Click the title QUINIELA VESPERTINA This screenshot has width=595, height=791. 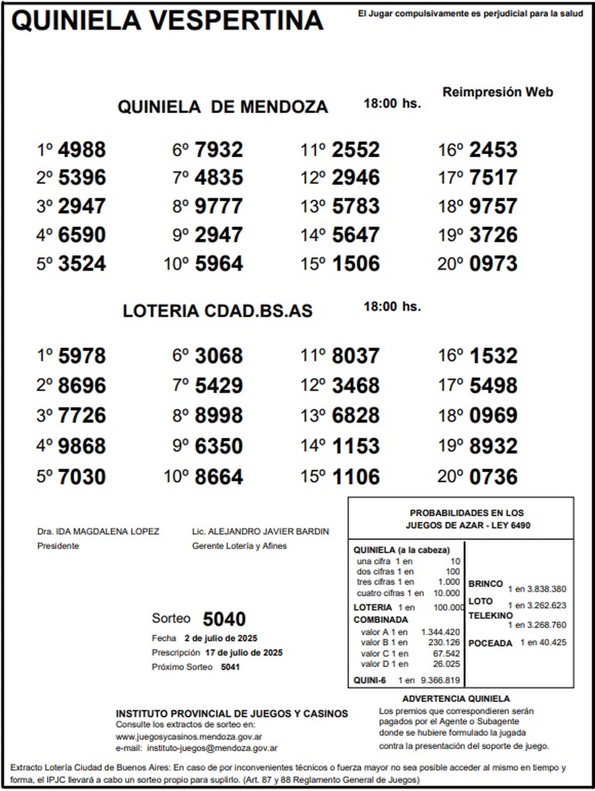point(167,21)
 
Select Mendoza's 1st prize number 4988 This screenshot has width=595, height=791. point(82,150)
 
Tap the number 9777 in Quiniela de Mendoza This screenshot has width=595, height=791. point(219,206)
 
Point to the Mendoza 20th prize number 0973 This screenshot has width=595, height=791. point(493,263)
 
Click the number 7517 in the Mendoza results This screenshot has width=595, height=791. point(493,178)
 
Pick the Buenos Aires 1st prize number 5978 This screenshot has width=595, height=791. point(82,356)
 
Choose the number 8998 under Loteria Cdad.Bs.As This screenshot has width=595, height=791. point(219,416)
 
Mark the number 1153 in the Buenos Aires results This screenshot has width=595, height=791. point(356,446)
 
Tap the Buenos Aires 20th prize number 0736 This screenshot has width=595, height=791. point(493,477)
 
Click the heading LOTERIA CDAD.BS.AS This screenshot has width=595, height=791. point(218,311)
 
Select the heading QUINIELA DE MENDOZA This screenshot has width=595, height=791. point(223,107)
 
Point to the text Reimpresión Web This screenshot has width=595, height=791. point(497,92)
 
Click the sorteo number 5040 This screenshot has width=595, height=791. point(224,619)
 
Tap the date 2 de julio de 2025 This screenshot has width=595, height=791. point(221,638)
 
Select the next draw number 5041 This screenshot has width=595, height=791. point(230,667)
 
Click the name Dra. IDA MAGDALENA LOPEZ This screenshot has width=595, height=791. point(98,532)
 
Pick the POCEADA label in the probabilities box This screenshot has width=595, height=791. point(490,643)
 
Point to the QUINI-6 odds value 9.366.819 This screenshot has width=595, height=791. point(440,680)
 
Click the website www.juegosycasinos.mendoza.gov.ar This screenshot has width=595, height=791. point(189,737)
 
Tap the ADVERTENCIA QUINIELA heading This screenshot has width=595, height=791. point(456,699)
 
